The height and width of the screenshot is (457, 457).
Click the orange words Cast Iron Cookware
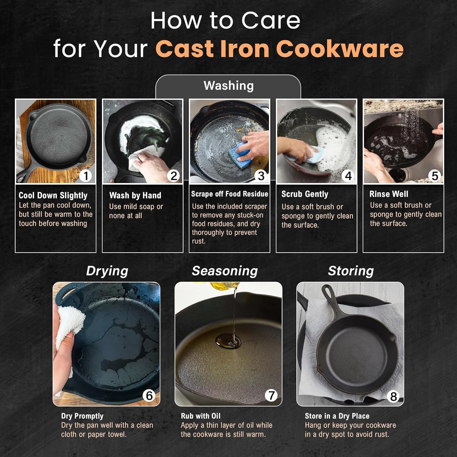279,49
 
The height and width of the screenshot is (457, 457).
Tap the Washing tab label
228,86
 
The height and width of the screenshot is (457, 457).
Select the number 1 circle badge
86,176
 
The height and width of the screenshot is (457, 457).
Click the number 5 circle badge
434,176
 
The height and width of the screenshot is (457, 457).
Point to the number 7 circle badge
271,395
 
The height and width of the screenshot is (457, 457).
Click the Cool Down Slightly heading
53,195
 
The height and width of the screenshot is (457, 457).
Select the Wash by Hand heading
135,195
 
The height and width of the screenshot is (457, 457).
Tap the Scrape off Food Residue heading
229,194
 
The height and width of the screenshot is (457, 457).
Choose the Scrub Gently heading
305,194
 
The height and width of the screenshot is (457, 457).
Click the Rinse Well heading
389,194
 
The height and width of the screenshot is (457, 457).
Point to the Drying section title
107,271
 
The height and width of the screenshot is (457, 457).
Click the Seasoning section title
225,271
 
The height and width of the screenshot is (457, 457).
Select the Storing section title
351,271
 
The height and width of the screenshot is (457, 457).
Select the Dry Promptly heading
82,416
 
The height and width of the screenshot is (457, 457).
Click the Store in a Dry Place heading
337,416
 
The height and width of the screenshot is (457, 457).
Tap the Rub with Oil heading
200,416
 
